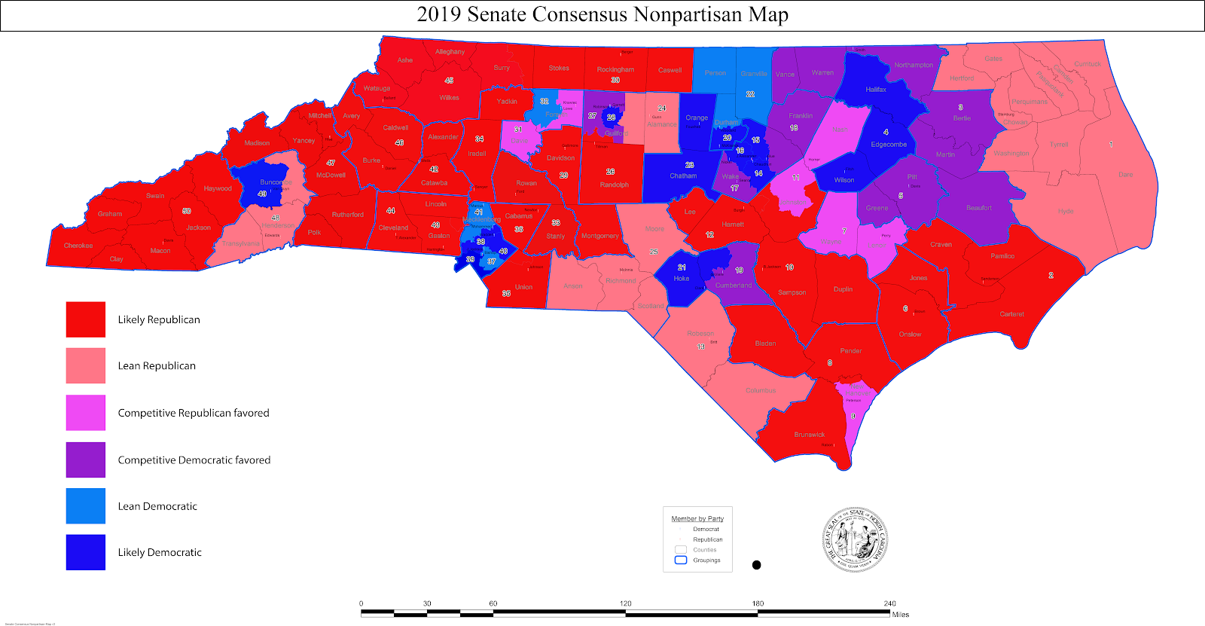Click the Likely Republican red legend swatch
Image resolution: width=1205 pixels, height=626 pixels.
tap(85, 319)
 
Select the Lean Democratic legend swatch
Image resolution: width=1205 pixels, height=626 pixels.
tap(85, 505)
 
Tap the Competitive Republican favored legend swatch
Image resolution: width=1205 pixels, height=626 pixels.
tap(85, 413)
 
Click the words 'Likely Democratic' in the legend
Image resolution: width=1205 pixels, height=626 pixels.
tap(160, 552)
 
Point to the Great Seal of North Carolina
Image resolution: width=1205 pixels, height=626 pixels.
tap(855, 539)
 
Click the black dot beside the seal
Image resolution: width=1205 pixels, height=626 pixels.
tap(756, 565)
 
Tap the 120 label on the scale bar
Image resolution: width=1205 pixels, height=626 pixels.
tap(626, 603)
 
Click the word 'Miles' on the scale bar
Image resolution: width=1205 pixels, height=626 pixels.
tap(901, 615)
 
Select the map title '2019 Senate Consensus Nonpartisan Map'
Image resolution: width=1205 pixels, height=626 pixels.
tap(602, 15)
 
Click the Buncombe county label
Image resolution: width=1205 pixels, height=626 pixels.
tap(276, 182)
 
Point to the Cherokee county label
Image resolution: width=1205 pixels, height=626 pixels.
tap(78, 246)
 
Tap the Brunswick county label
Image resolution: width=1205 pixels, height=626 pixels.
tap(810, 435)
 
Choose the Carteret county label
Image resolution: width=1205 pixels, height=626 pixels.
tap(1011, 314)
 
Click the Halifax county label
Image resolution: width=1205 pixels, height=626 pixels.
tap(876, 90)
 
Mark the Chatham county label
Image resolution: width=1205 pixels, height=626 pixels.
tap(683, 176)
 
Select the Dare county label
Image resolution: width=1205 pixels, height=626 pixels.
tap(1125, 175)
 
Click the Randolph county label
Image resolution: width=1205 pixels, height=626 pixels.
tap(615, 185)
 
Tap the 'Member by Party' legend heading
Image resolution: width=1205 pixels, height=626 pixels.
tap(697, 518)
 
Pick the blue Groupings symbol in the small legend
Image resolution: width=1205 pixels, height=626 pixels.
tap(681, 560)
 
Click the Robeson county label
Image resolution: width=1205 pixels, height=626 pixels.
tap(700, 334)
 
